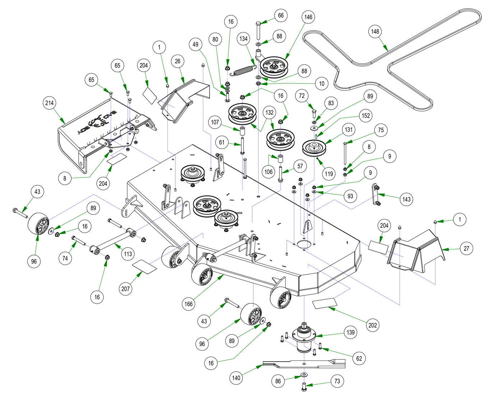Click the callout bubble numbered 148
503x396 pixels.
(x=375, y=31)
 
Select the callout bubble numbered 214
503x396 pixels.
(x=49, y=103)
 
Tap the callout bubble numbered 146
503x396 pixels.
(x=308, y=17)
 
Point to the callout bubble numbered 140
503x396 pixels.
(x=236, y=378)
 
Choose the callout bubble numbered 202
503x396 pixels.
(x=373, y=325)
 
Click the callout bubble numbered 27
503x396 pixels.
(x=466, y=248)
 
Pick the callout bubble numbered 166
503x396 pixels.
(x=189, y=304)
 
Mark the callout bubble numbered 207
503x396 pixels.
(x=125, y=289)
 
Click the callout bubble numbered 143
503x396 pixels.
(x=406, y=199)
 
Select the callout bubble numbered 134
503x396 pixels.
(x=244, y=38)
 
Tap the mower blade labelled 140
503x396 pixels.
(x=304, y=364)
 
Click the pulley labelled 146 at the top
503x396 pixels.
(x=274, y=67)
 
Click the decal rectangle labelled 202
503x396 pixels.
(x=324, y=303)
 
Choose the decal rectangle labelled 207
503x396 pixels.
(x=144, y=267)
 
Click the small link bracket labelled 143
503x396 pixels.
(x=375, y=194)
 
